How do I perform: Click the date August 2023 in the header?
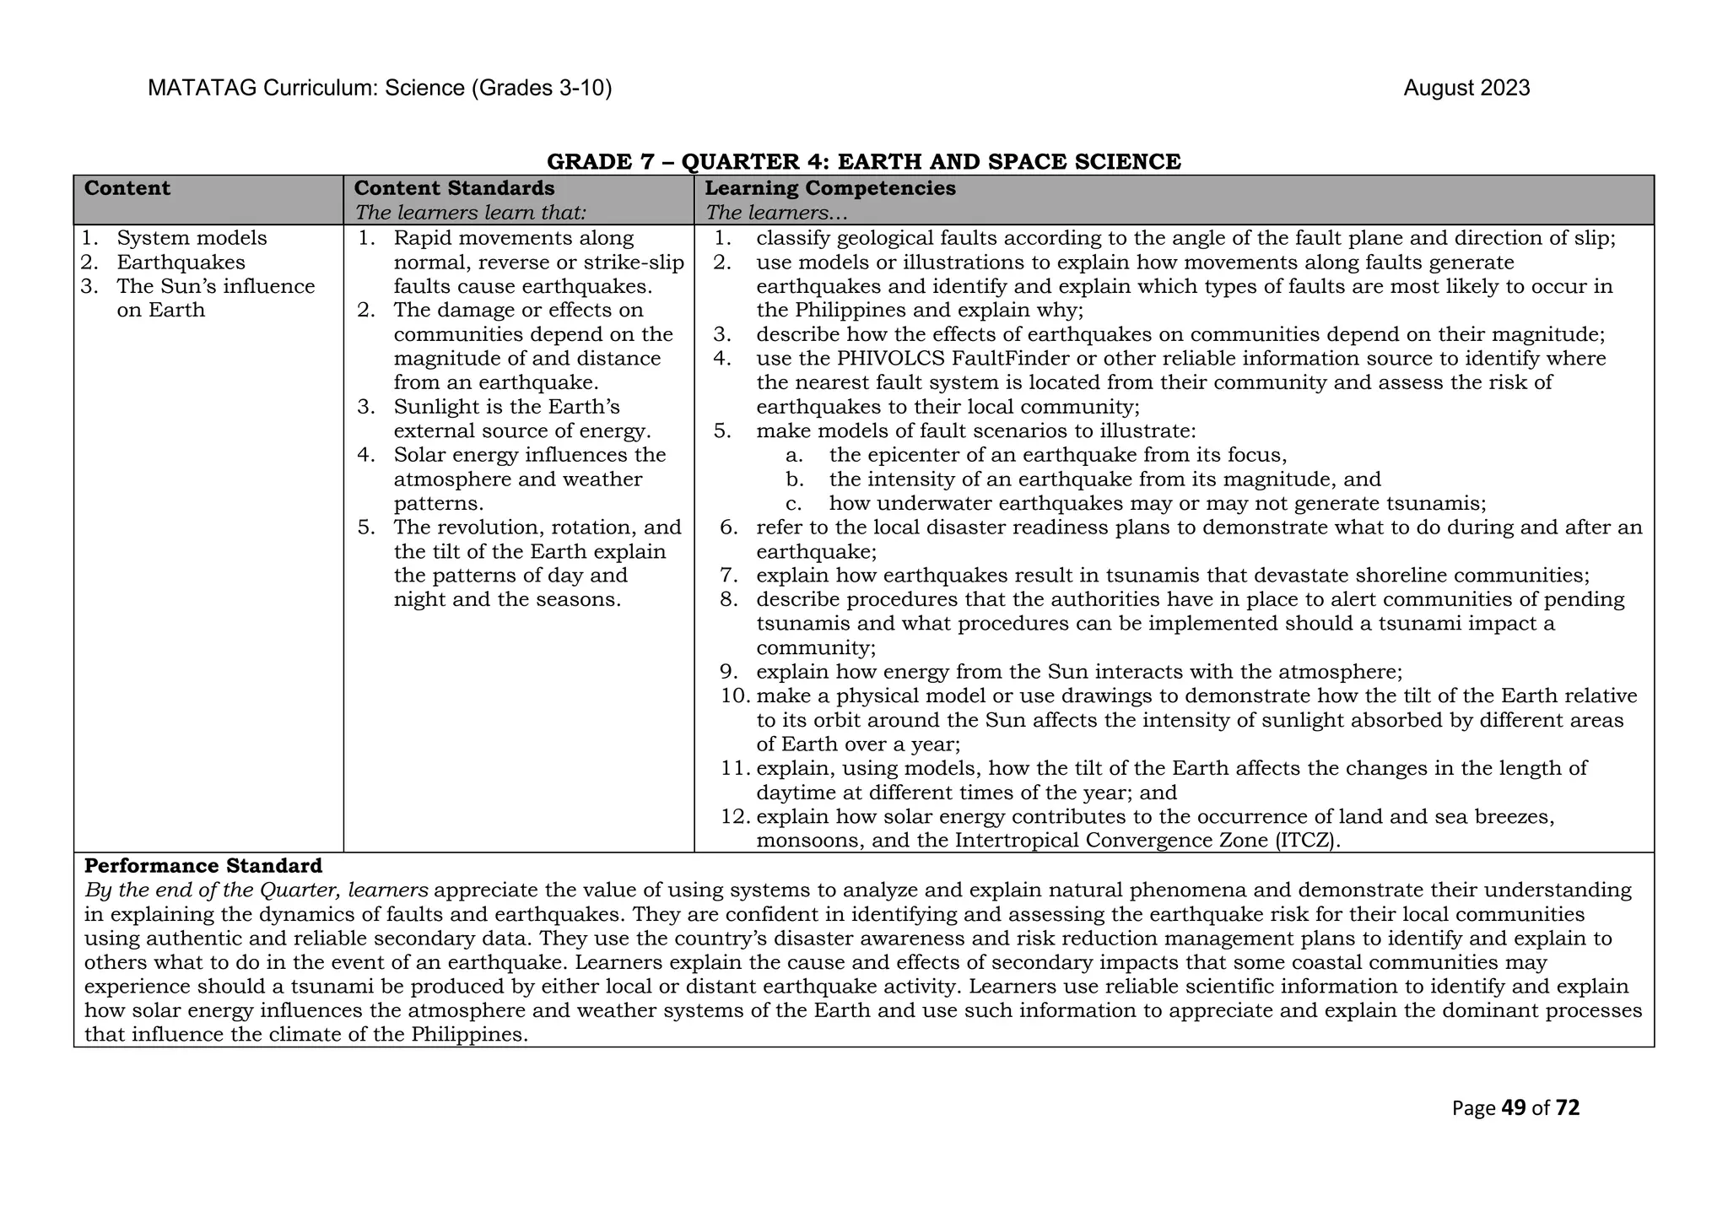point(1466,88)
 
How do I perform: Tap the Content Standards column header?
point(454,188)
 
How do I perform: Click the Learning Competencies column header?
point(829,188)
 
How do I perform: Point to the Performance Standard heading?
point(203,866)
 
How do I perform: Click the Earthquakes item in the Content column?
point(181,262)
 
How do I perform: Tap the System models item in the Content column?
point(192,239)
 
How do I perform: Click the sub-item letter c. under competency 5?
point(793,504)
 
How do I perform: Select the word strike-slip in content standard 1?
point(634,262)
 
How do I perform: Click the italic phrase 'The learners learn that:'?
point(470,213)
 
